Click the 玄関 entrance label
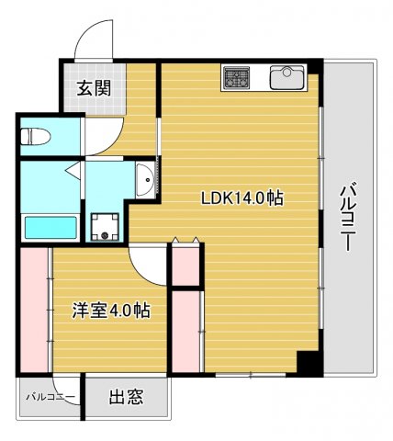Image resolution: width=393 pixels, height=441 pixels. tap(93, 89)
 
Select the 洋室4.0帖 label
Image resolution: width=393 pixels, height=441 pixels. tap(111, 311)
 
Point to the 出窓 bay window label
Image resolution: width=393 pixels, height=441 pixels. tap(126, 397)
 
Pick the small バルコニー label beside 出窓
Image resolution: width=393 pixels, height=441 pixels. tap(50, 397)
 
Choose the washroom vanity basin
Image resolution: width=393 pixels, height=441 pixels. tap(144, 180)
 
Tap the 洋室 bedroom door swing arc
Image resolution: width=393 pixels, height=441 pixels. tap(147, 264)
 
